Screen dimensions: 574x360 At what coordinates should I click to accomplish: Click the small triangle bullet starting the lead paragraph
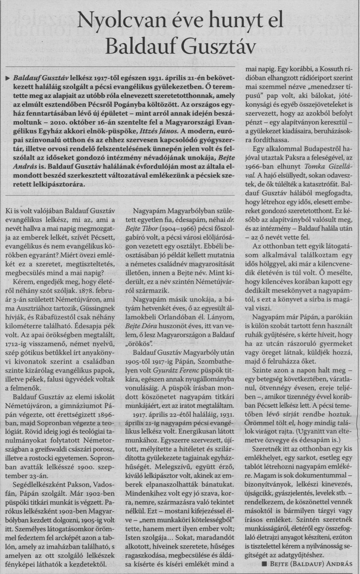click(9, 77)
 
